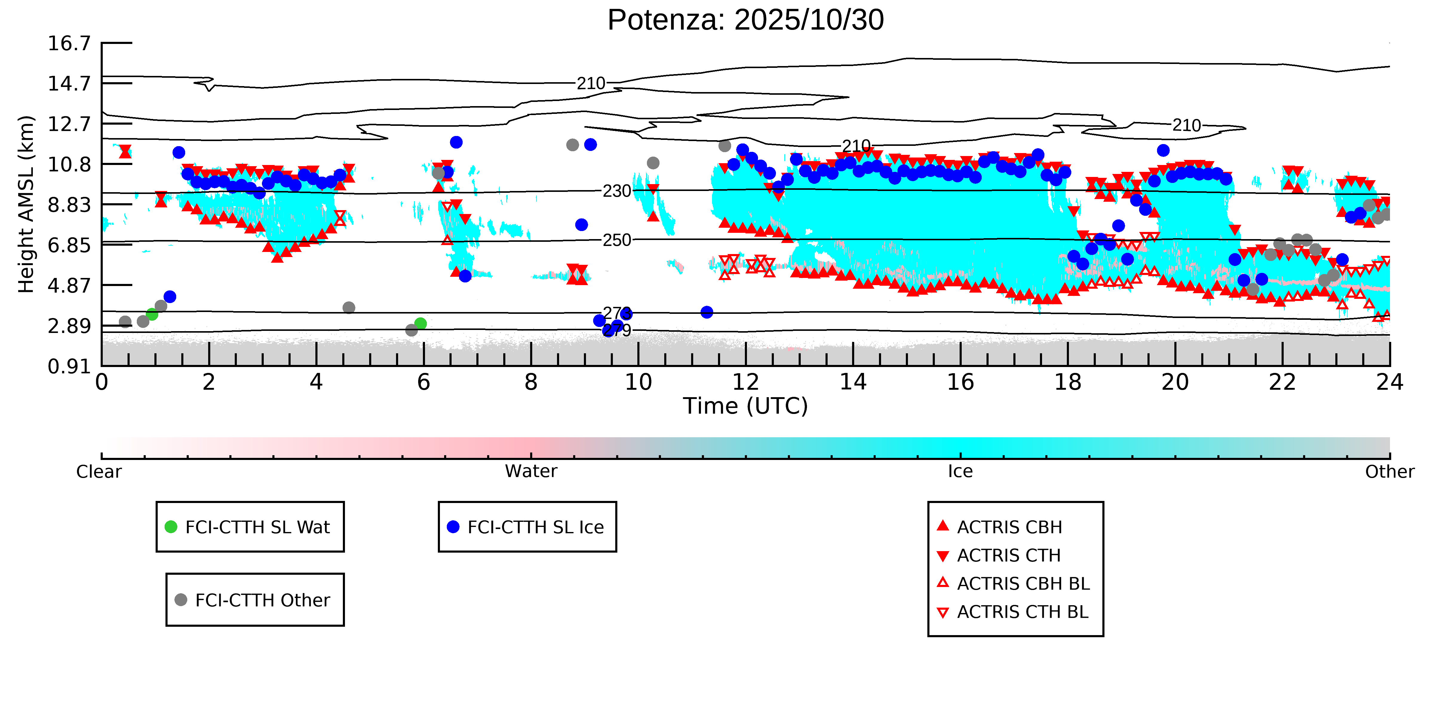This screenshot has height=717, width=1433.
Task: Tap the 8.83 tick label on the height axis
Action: [69, 205]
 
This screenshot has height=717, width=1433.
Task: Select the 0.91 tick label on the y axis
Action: [69, 366]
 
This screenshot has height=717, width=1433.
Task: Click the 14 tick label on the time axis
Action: [853, 383]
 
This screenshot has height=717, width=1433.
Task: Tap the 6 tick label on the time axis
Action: [423, 383]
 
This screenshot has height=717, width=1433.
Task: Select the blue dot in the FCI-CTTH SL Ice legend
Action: [453, 527]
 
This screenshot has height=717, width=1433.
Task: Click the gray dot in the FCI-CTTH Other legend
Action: [181, 600]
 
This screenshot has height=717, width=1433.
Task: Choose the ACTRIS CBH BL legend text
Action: [1023, 583]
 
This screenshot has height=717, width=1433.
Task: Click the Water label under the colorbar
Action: [531, 472]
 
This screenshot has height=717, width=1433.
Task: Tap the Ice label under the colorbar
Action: [960, 472]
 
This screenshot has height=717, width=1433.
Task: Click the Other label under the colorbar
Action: [1389, 472]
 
